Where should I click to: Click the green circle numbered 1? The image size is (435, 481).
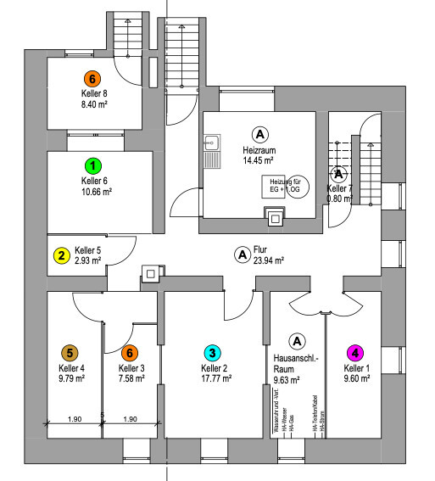94,165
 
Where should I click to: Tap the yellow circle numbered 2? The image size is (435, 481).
61,254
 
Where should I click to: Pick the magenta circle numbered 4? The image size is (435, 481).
356,352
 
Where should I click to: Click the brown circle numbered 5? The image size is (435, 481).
70,352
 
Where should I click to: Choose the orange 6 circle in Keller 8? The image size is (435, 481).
94,76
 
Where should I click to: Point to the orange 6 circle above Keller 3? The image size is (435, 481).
129,352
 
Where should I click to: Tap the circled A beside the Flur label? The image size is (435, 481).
242,254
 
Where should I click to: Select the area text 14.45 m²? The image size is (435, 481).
258,159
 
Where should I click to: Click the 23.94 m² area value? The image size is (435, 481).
268,260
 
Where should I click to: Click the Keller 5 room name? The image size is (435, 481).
88,250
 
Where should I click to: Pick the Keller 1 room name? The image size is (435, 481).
358,368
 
